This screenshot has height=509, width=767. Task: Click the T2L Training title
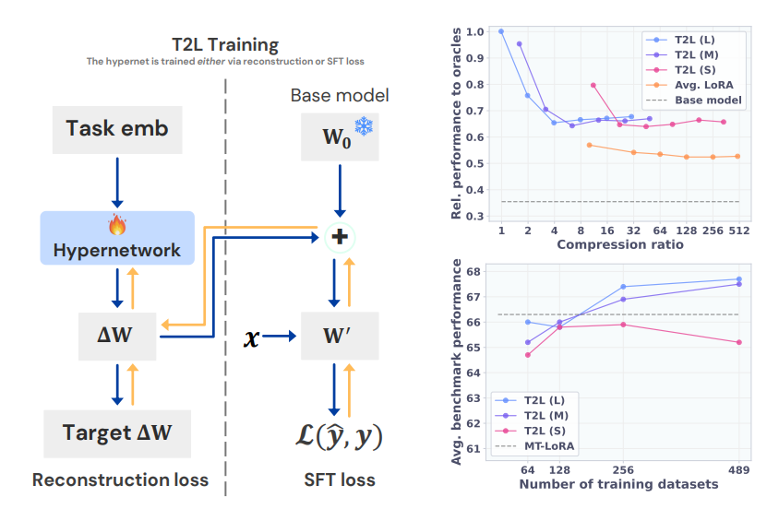(224, 44)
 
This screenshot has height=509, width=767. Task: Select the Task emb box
(117, 129)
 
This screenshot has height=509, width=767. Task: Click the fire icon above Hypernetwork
(116, 225)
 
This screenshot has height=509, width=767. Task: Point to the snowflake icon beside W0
(364, 127)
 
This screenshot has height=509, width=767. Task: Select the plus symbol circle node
(340, 237)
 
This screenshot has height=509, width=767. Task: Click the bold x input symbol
(251, 337)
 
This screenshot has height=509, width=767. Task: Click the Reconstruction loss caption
(120, 479)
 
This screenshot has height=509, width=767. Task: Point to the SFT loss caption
(340, 479)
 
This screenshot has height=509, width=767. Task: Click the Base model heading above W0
(340, 95)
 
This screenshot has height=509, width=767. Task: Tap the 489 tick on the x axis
(739, 468)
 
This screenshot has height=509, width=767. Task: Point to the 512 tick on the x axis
(738, 230)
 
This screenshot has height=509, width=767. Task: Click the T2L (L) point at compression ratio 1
(501, 31)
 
